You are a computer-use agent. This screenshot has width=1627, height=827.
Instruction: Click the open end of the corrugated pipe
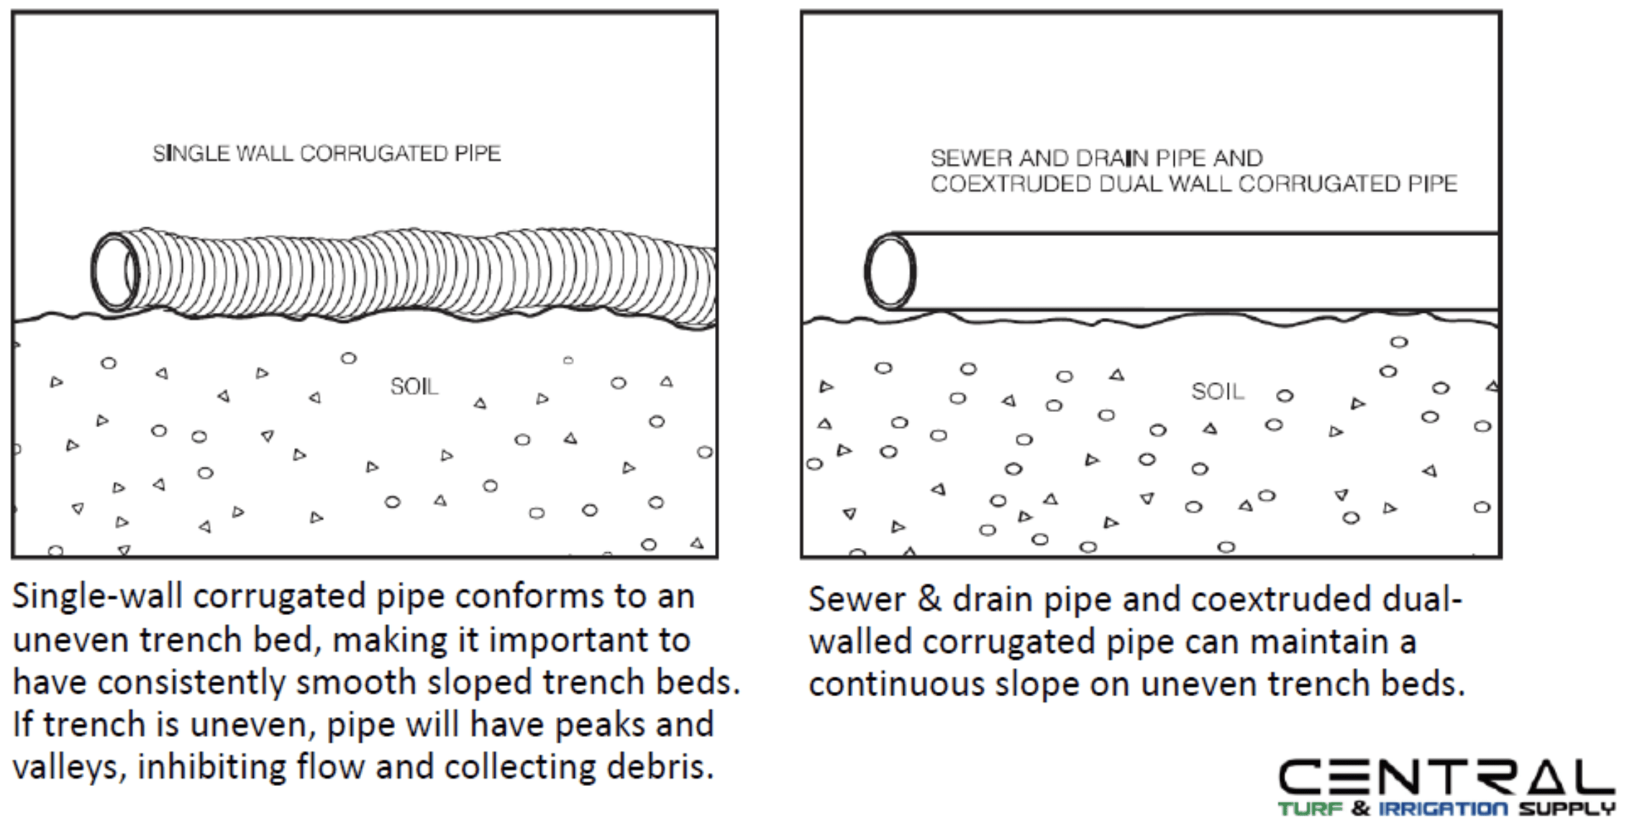tap(115, 271)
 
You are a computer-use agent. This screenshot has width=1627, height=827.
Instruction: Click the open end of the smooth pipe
tap(890, 272)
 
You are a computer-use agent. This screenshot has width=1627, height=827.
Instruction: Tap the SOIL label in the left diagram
tap(414, 387)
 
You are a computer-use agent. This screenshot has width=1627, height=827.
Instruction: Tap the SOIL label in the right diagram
tap(1217, 391)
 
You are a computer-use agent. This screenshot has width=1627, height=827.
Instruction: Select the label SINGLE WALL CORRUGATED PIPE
tap(327, 153)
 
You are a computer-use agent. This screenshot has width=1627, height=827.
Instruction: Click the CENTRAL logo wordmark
tap(1446, 777)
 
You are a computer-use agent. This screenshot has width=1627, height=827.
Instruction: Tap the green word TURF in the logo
tap(1310, 809)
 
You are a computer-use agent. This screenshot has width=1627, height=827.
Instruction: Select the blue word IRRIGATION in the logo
tap(1442, 809)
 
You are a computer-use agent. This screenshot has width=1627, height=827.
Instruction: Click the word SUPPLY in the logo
tap(1567, 809)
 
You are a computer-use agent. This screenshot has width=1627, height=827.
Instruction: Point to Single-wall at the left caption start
tap(97, 596)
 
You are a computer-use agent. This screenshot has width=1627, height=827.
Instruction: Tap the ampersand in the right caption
tap(929, 598)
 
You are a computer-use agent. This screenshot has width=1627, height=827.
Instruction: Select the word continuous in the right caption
tap(896, 684)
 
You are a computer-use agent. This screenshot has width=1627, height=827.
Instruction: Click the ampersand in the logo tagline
tap(1360, 809)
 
